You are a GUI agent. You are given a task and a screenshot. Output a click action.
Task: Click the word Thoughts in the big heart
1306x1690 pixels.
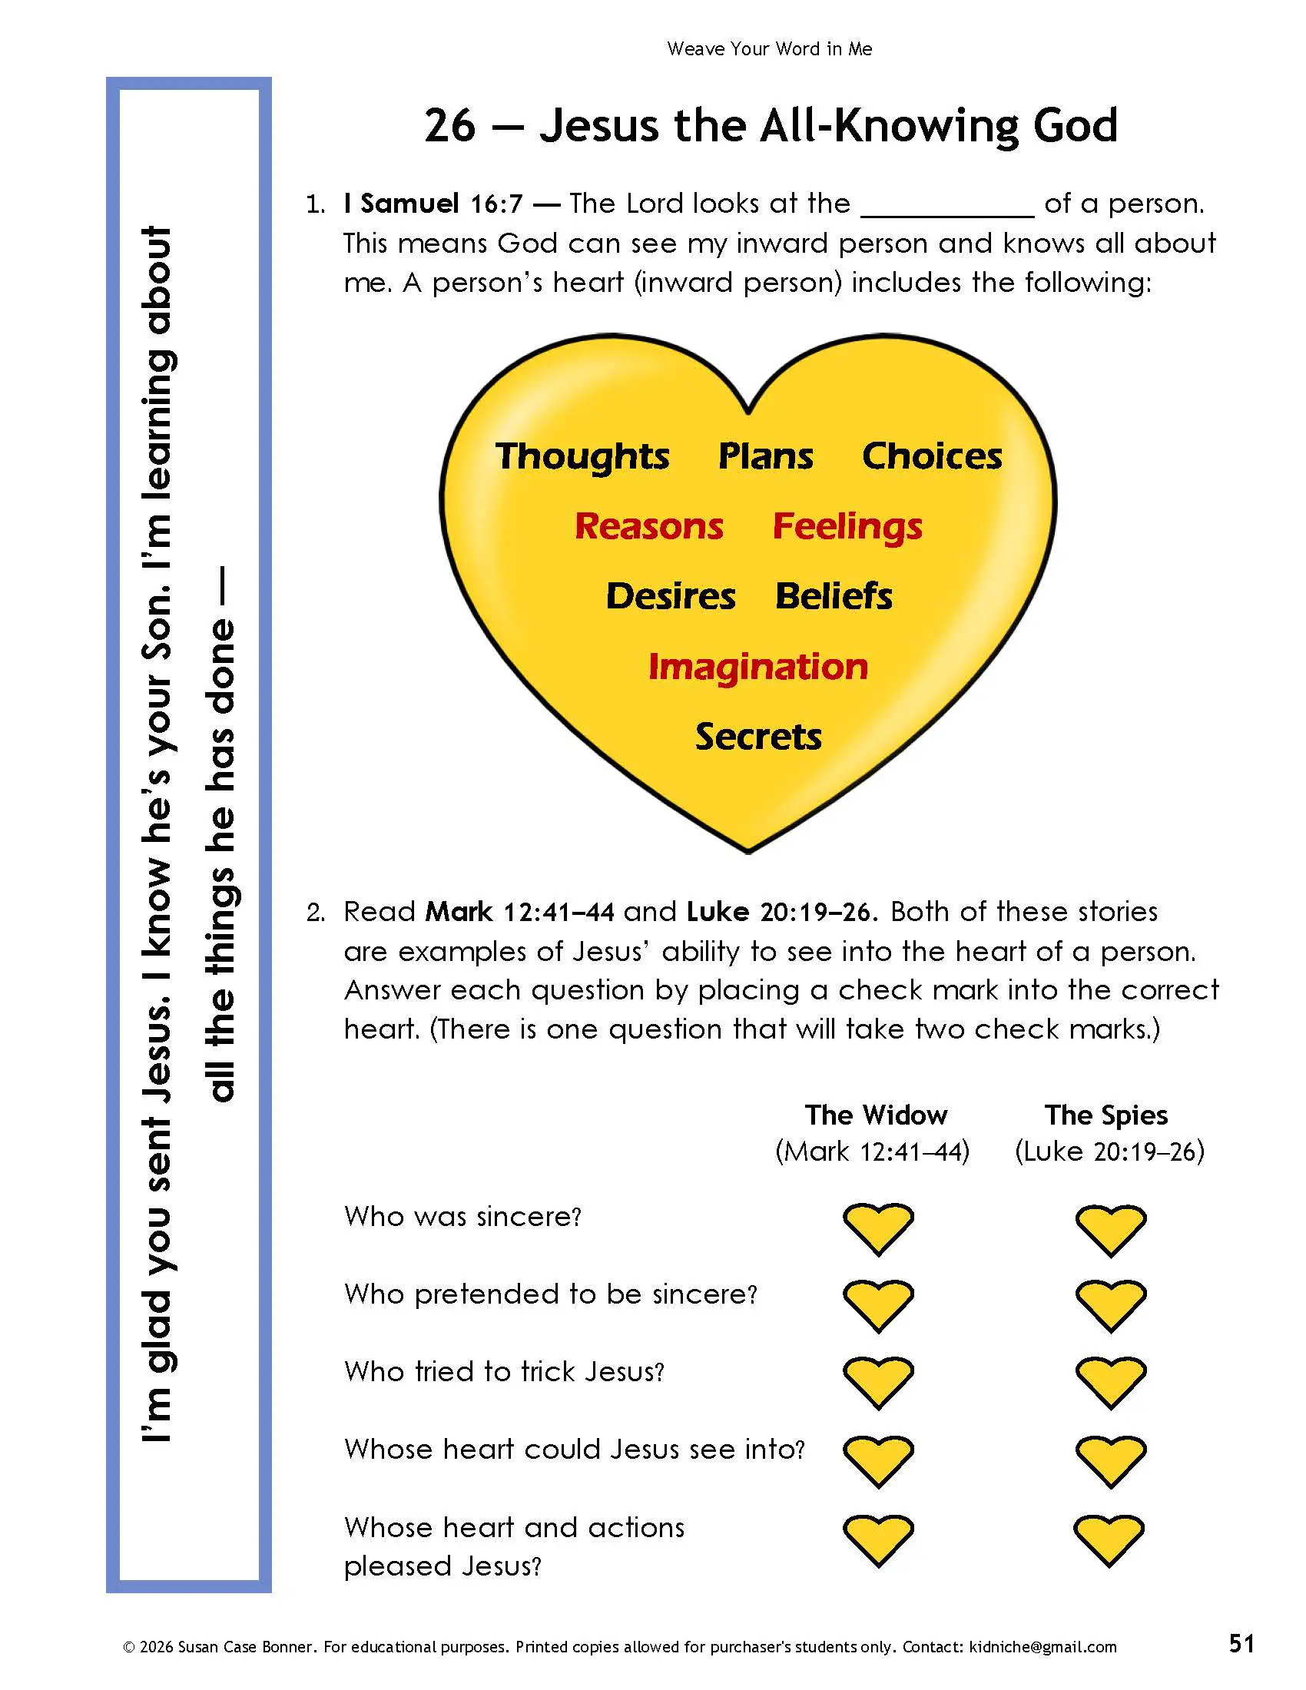click(582, 456)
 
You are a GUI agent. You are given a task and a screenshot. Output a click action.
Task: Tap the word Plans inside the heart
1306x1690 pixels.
click(766, 456)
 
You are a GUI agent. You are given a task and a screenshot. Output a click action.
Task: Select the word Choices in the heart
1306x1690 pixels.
click(933, 456)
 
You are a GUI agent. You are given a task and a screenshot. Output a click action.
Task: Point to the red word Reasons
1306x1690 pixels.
click(649, 526)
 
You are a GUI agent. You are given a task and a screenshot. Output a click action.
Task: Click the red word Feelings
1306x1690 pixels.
click(848, 527)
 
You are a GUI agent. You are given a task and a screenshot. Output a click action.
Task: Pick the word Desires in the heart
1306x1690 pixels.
click(671, 596)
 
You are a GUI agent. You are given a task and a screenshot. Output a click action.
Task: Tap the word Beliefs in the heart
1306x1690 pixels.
click(834, 596)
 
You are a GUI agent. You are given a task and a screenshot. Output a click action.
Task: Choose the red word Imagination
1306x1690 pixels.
click(758, 667)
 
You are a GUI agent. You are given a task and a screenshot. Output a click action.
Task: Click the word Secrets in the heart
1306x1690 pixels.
click(758, 737)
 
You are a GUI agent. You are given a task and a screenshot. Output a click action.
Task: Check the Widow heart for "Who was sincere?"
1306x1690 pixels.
click(878, 1229)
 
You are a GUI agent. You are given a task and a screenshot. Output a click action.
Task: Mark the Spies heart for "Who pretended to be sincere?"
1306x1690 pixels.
click(1110, 1306)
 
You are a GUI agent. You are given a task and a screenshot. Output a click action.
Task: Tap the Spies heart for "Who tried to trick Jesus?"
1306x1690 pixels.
click(1110, 1383)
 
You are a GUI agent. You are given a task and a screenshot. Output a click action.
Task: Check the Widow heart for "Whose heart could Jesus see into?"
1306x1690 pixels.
click(878, 1462)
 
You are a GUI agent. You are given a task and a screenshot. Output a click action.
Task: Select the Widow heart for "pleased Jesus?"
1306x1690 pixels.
click(878, 1541)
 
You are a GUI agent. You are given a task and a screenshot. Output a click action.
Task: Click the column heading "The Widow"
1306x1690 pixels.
click(876, 1115)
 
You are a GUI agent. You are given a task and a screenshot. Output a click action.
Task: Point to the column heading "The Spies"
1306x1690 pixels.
click(1106, 1115)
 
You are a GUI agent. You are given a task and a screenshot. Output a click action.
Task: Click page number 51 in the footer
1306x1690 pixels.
click(1241, 1644)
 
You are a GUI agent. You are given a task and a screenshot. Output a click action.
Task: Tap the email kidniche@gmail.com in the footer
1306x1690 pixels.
click(1041, 1647)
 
